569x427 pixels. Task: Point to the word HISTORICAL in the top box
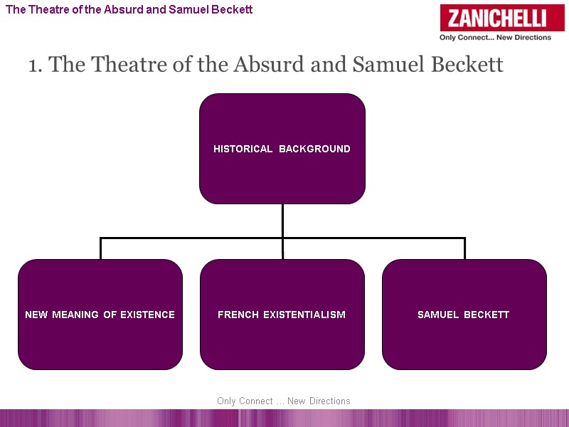click(243, 149)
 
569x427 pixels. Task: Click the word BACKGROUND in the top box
click(314, 149)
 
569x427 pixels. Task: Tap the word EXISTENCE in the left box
click(147, 315)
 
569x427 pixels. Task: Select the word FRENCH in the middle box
click(238, 315)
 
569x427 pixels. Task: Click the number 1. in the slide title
click(36, 65)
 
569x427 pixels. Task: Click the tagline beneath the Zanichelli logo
click(495, 38)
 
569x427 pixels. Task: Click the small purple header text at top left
click(129, 10)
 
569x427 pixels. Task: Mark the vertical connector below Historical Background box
click(282, 221)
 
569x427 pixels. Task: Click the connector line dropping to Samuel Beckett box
click(464, 248)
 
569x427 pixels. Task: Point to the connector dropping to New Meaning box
click(100, 248)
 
